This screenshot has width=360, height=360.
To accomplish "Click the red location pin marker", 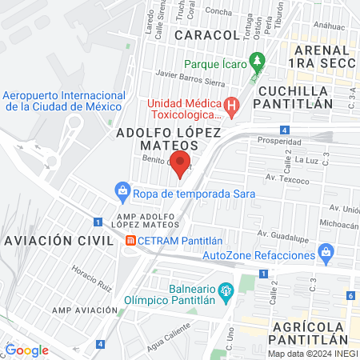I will click(x=181, y=164).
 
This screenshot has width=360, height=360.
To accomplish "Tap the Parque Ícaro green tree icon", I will click(x=257, y=60).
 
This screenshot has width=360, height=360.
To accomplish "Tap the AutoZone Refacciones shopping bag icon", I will click(x=325, y=254).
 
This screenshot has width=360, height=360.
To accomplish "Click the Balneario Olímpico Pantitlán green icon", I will click(x=227, y=289).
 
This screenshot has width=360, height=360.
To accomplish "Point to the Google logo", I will click(x=27, y=350).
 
